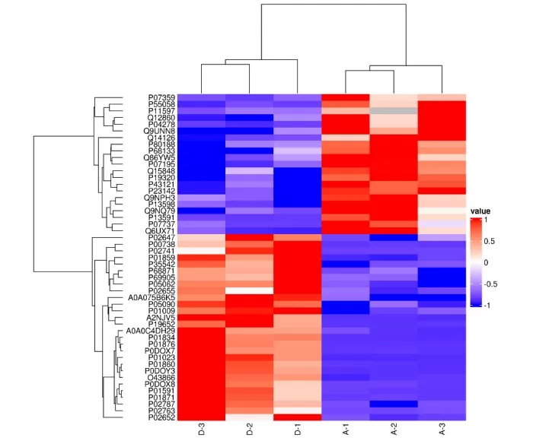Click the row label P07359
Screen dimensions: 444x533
click(161, 97)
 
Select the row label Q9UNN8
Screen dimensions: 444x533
click(160, 131)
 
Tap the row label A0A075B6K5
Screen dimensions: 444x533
click(152, 297)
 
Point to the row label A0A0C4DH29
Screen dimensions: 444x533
click(152, 330)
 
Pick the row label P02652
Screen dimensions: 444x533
click(161, 417)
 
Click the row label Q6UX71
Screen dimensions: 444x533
click(161, 230)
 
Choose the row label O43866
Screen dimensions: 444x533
click(161, 377)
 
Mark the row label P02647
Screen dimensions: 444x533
click(161, 237)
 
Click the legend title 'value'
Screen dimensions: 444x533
click(480, 211)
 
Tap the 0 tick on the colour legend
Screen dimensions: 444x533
click(486, 262)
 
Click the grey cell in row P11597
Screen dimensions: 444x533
click(394, 111)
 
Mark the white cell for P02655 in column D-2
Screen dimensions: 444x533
click(250, 290)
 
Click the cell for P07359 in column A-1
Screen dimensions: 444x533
click(346, 97)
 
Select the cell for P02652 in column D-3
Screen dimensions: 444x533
click(202, 417)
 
